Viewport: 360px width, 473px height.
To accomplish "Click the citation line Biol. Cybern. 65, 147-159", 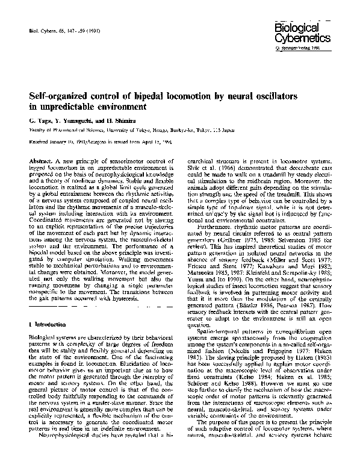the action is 56,29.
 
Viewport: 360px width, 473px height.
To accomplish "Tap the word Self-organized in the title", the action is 58,96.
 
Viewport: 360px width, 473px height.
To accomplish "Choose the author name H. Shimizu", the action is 117,121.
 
